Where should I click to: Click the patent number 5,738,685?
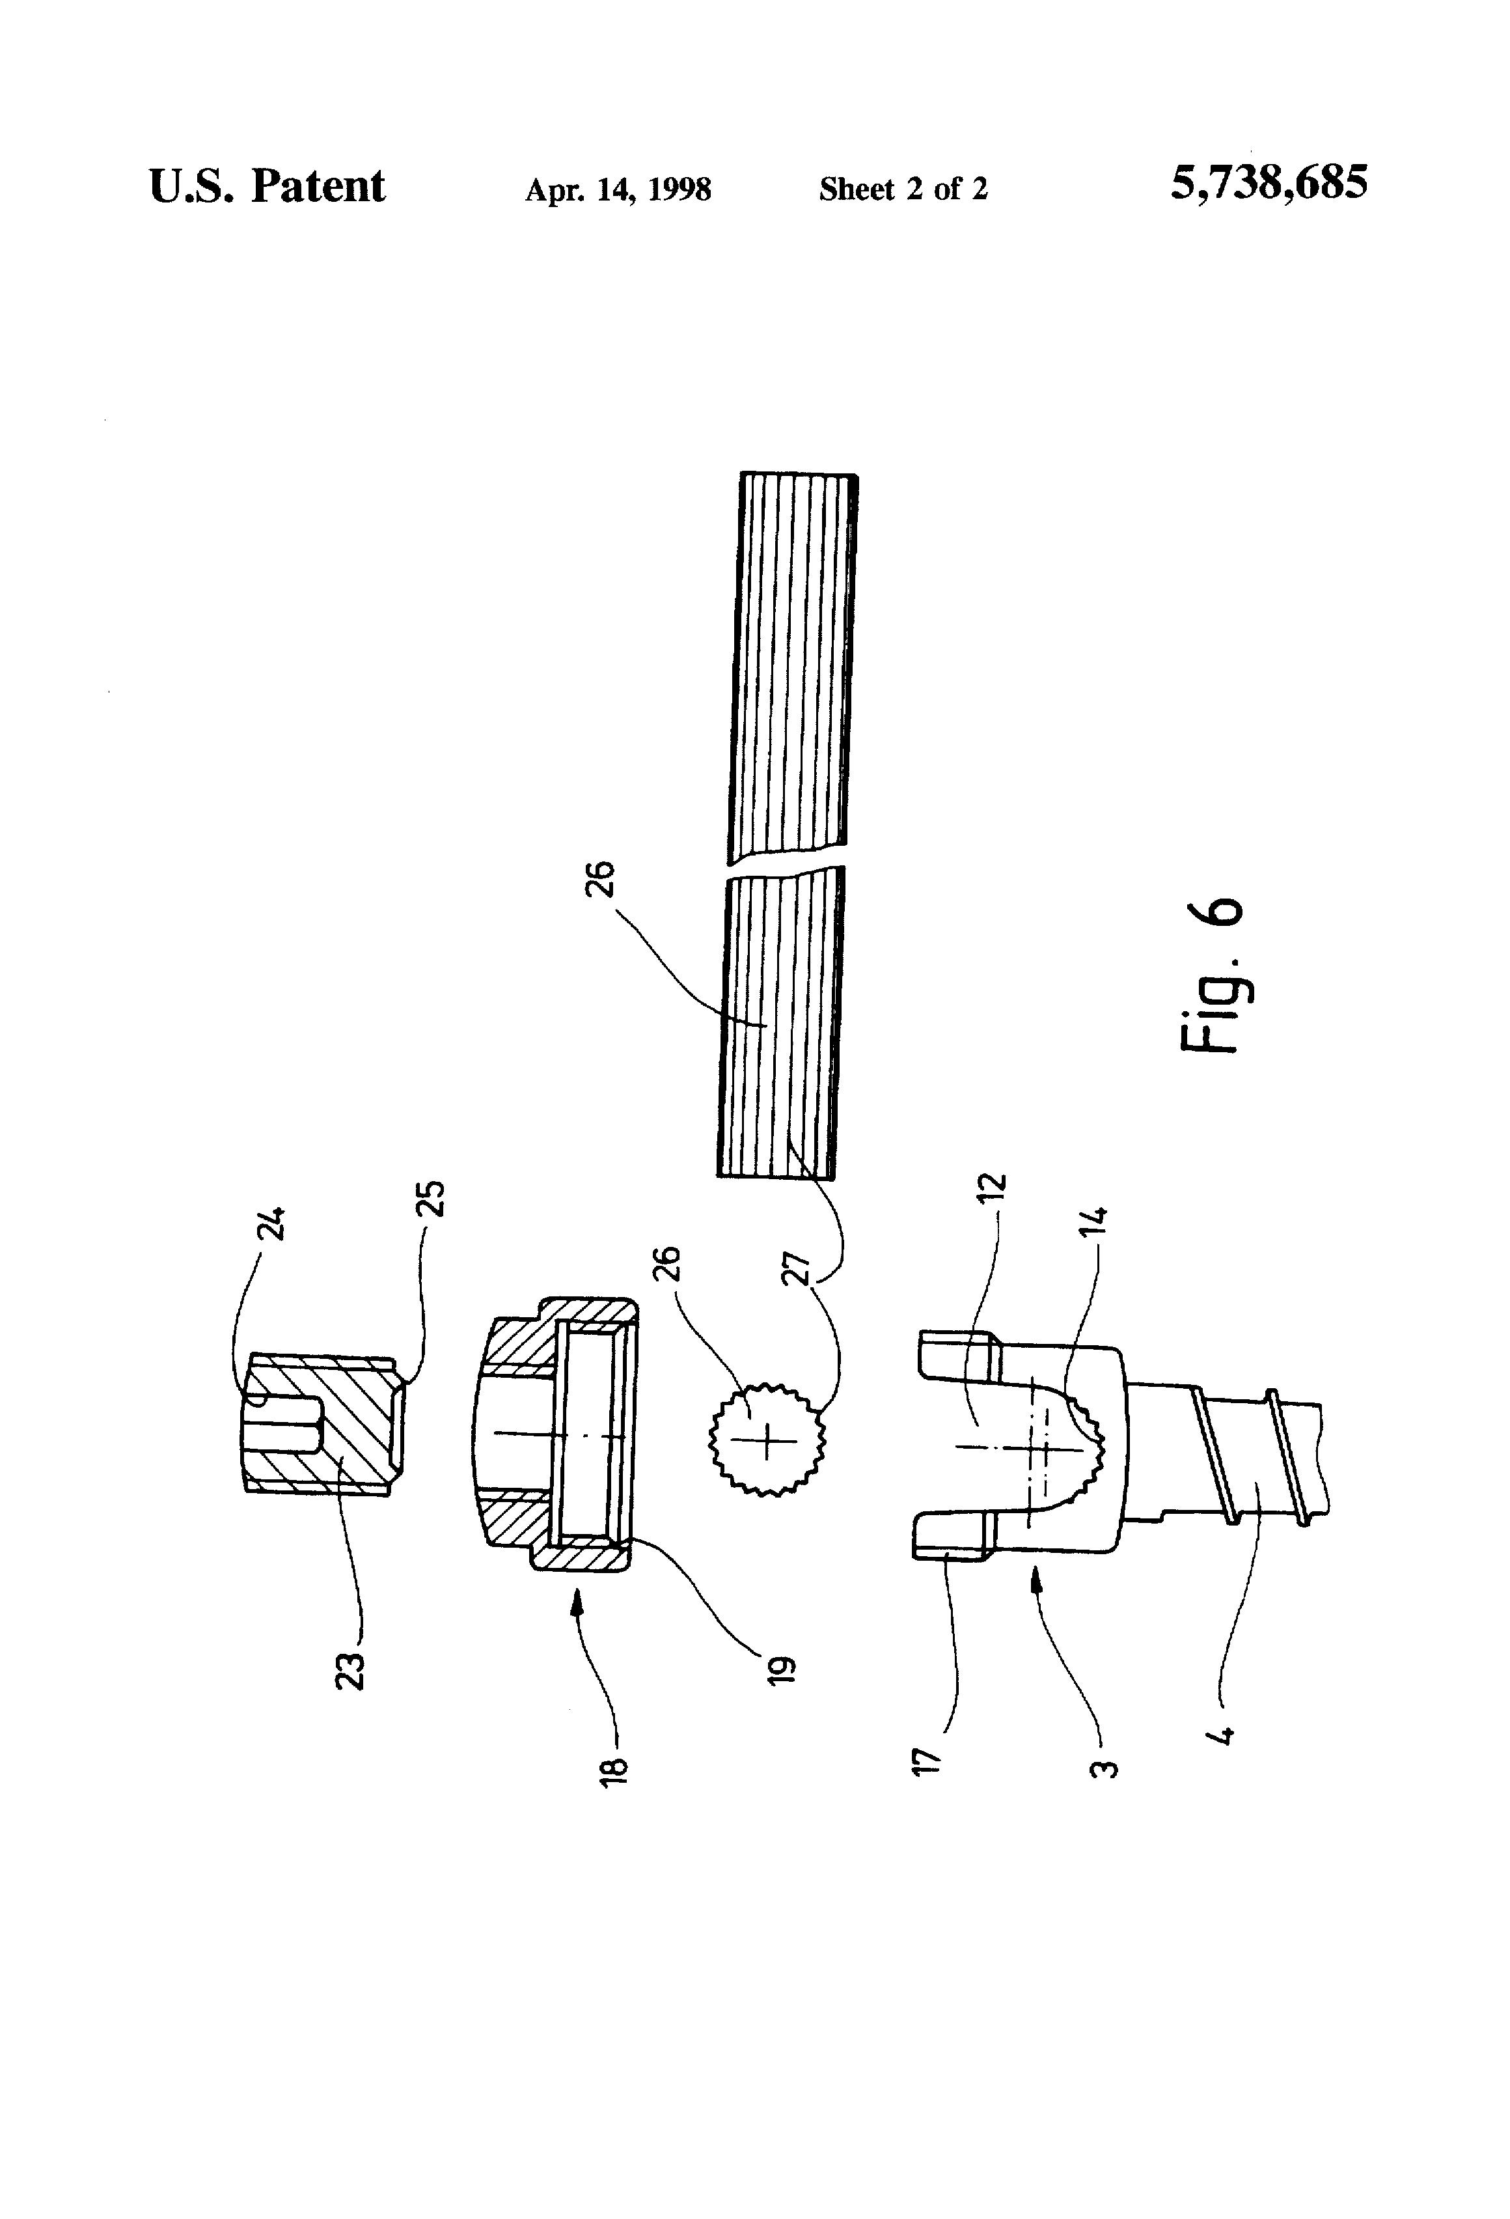pos(1269,182)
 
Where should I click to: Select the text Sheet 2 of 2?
pos(903,189)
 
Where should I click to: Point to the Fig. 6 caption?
pos(1211,974)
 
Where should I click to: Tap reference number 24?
pos(272,1222)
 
